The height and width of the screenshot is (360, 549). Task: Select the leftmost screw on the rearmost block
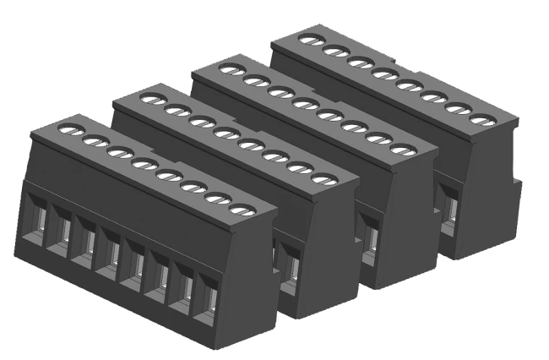point(309,38)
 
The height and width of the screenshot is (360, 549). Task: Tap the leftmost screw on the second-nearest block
point(149,99)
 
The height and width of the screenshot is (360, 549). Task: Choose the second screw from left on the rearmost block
point(334,50)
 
